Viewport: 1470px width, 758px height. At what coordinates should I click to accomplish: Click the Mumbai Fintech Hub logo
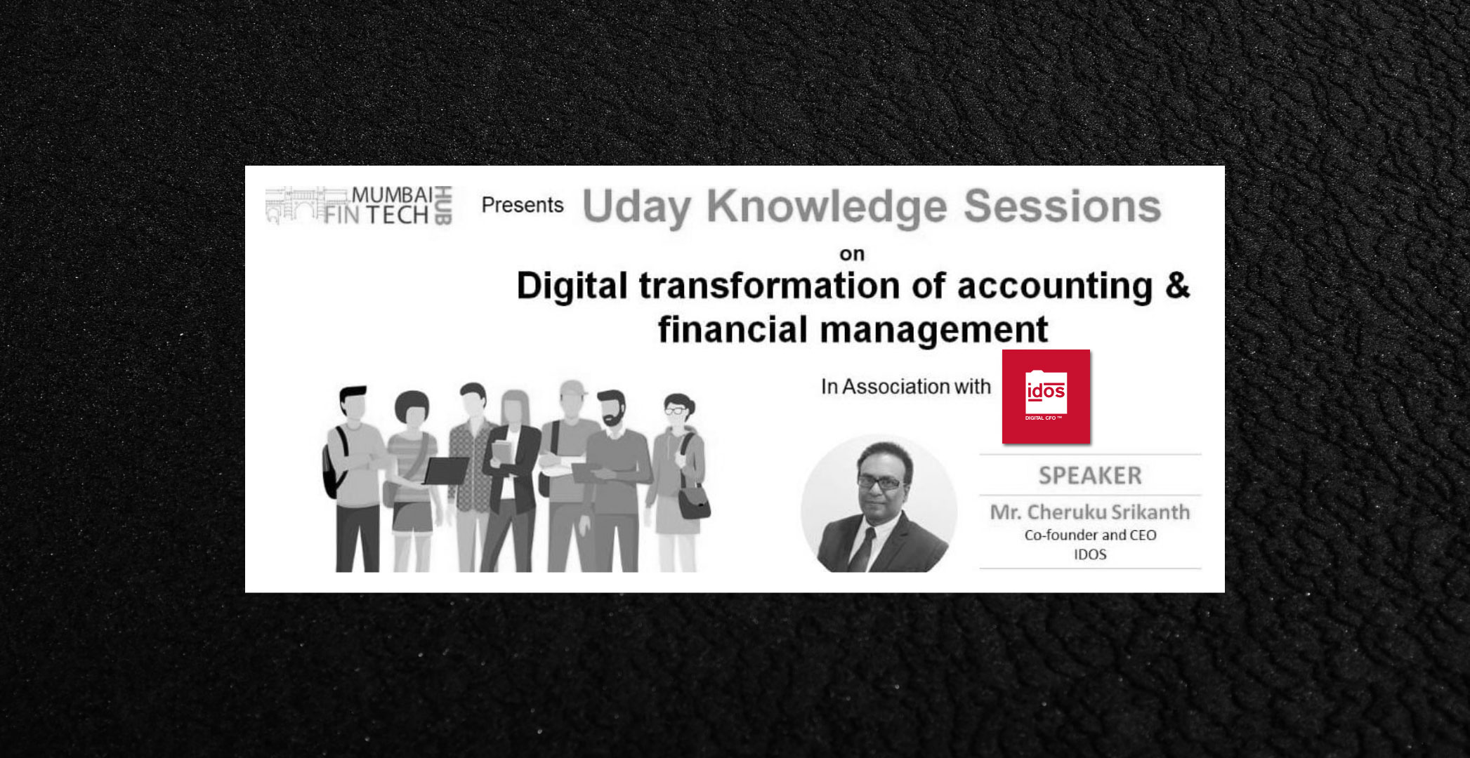coord(359,206)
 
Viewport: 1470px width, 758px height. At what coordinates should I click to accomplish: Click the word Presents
coord(523,205)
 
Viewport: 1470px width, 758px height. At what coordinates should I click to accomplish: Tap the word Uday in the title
coord(636,207)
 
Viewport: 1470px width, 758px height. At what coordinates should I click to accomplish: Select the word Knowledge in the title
coord(827,207)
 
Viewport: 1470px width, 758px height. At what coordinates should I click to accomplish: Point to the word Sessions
coord(1062,206)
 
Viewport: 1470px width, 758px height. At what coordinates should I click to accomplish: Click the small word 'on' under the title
coord(852,254)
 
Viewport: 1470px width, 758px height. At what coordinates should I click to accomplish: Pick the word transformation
coord(769,286)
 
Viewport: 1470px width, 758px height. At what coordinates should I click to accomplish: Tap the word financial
coord(732,329)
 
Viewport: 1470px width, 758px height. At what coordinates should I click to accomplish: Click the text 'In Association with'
coord(906,387)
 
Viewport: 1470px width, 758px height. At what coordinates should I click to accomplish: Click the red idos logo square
coord(1046,397)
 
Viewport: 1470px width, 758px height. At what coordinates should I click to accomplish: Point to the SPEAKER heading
coord(1090,476)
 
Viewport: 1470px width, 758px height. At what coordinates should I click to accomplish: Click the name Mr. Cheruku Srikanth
coord(1090,512)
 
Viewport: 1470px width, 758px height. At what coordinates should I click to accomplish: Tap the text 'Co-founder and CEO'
coord(1090,535)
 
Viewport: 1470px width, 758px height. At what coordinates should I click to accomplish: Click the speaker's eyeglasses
coord(880,483)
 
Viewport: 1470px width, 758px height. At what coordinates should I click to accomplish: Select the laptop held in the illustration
coord(447,470)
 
